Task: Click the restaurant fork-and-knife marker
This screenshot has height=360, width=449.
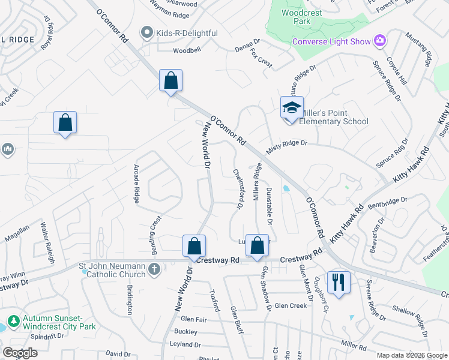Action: pos(339,282)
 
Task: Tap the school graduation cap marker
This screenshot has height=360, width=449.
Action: pos(292,108)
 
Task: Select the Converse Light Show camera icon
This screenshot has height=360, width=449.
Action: pos(379,41)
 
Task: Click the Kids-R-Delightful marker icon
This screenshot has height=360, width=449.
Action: pos(145,32)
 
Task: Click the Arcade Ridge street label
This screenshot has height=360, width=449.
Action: pos(137,184)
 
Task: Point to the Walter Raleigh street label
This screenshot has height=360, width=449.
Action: pos(47,243)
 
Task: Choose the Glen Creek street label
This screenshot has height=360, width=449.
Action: pos(291,306)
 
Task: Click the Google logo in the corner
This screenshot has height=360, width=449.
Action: pos(19,353)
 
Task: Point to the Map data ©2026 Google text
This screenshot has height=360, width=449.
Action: pos(411,355)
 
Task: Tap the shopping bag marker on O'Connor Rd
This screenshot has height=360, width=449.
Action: pos(170,80)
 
